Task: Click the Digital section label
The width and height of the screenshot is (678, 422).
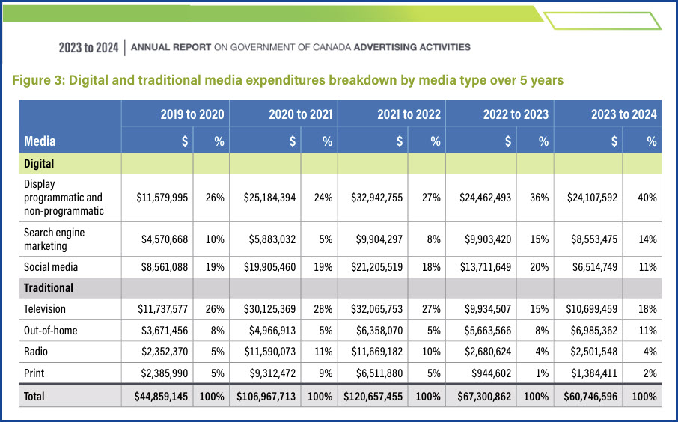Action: (38, 163)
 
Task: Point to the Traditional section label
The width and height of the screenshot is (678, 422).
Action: (49, 287)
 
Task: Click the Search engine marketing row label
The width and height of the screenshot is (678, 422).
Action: (55, 239)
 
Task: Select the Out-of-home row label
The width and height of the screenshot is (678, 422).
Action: (50, 330)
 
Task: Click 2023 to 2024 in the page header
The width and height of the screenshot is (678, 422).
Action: (88, 48)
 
